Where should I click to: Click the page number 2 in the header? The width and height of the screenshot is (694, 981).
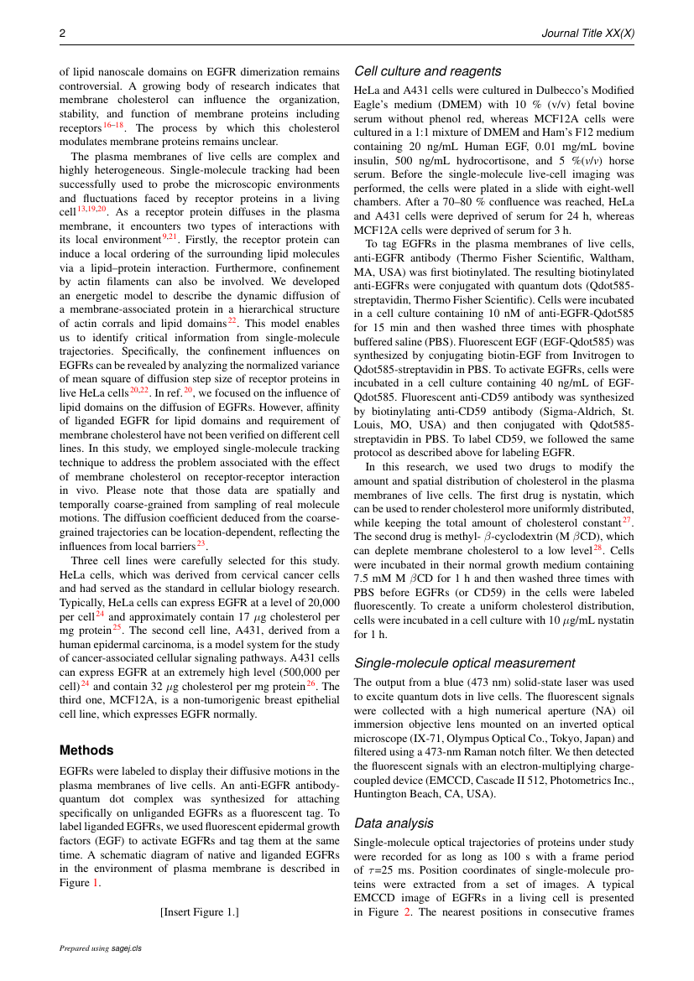coord(62,33)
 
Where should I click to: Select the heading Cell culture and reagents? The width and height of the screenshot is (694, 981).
coord(428,71)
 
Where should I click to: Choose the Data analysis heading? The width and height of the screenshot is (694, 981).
coord(394,823)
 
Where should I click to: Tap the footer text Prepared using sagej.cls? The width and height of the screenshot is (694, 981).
coord(100,948)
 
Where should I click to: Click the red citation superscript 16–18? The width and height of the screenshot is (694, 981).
coord(113,125)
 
